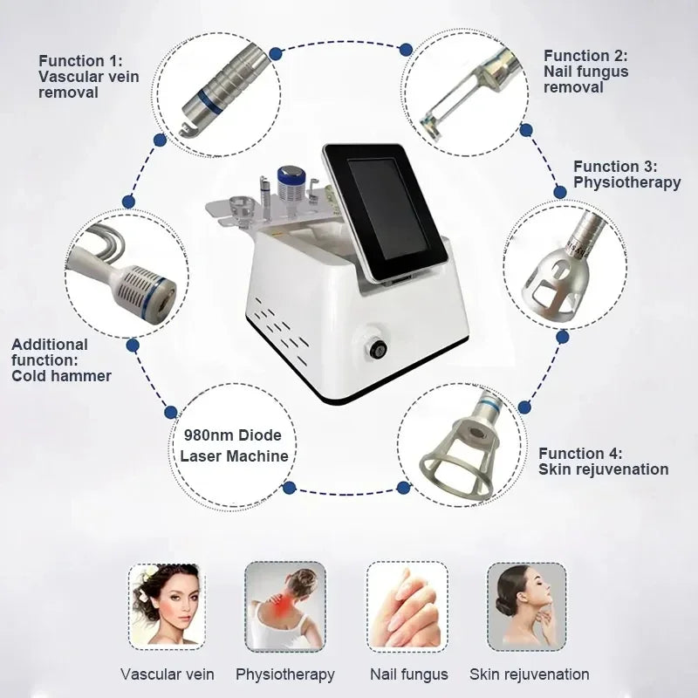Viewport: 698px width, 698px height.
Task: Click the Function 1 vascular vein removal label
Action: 88,76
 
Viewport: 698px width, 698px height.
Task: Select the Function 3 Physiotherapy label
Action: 626,174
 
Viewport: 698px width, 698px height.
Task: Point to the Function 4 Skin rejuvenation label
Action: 603,462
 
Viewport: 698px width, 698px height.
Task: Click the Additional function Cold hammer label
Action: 61,359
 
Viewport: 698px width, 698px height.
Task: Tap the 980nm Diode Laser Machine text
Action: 233,445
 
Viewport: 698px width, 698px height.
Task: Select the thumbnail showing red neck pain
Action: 284,606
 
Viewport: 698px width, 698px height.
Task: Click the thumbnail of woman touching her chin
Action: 526,606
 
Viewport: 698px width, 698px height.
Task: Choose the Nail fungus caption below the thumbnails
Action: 408,674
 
